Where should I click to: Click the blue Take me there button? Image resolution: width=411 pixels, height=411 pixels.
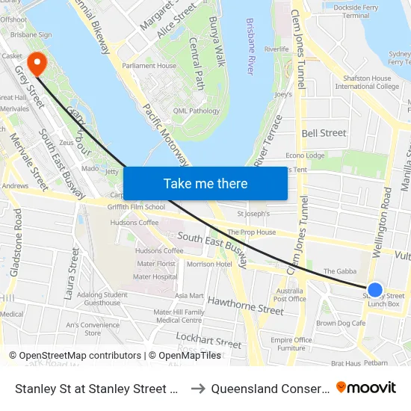[205, 183]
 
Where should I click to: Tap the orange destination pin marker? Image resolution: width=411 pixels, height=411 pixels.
[35, 64]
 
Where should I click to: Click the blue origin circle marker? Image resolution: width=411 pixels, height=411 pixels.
[375, 290]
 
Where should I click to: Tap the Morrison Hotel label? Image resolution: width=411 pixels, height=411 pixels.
[208, 265]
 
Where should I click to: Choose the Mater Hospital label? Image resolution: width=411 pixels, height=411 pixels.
[155, 276]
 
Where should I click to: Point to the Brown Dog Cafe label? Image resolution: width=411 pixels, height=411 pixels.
[341, 324]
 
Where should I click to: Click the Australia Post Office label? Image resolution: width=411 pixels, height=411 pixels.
[290, 294]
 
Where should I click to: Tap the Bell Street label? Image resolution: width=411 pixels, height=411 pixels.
[324, 133]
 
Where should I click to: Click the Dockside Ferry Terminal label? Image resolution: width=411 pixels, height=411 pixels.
[362, 10]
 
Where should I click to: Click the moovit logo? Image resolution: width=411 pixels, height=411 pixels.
[366, 387]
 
